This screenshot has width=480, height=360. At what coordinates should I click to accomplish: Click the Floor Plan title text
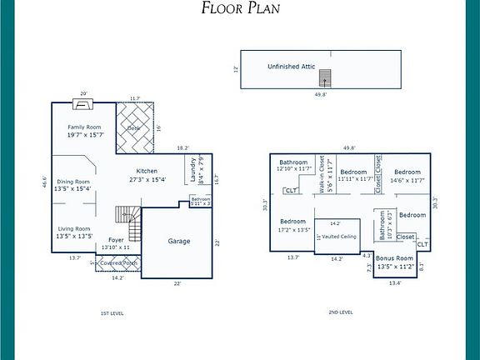tap(241, 9)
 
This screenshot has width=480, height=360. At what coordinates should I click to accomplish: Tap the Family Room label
tap(84, 127)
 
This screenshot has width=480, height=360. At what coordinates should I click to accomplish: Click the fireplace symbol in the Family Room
tap(82, 104)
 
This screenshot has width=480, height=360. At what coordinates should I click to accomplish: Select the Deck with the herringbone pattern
tap(134, 127)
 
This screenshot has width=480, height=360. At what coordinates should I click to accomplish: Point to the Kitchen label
tap(147, 171)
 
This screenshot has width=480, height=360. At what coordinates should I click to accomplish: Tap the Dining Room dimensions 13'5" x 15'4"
tap(72, 189)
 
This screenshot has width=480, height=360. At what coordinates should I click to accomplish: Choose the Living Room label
tap(72, 227)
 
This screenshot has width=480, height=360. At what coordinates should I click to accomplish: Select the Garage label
tap(179, 241)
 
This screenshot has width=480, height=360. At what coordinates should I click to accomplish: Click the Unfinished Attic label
tap(290, 66)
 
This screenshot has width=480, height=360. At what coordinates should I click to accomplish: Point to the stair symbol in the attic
tap(327, 77)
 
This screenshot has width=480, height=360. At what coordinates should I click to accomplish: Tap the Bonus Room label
tap(394, 258)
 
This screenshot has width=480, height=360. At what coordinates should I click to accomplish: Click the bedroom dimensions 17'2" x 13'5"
tap(293, 229)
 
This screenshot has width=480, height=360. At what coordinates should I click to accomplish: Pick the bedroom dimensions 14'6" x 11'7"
tap(407, 179)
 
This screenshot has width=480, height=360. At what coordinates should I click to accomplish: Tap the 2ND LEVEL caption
tap(341, 312)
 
